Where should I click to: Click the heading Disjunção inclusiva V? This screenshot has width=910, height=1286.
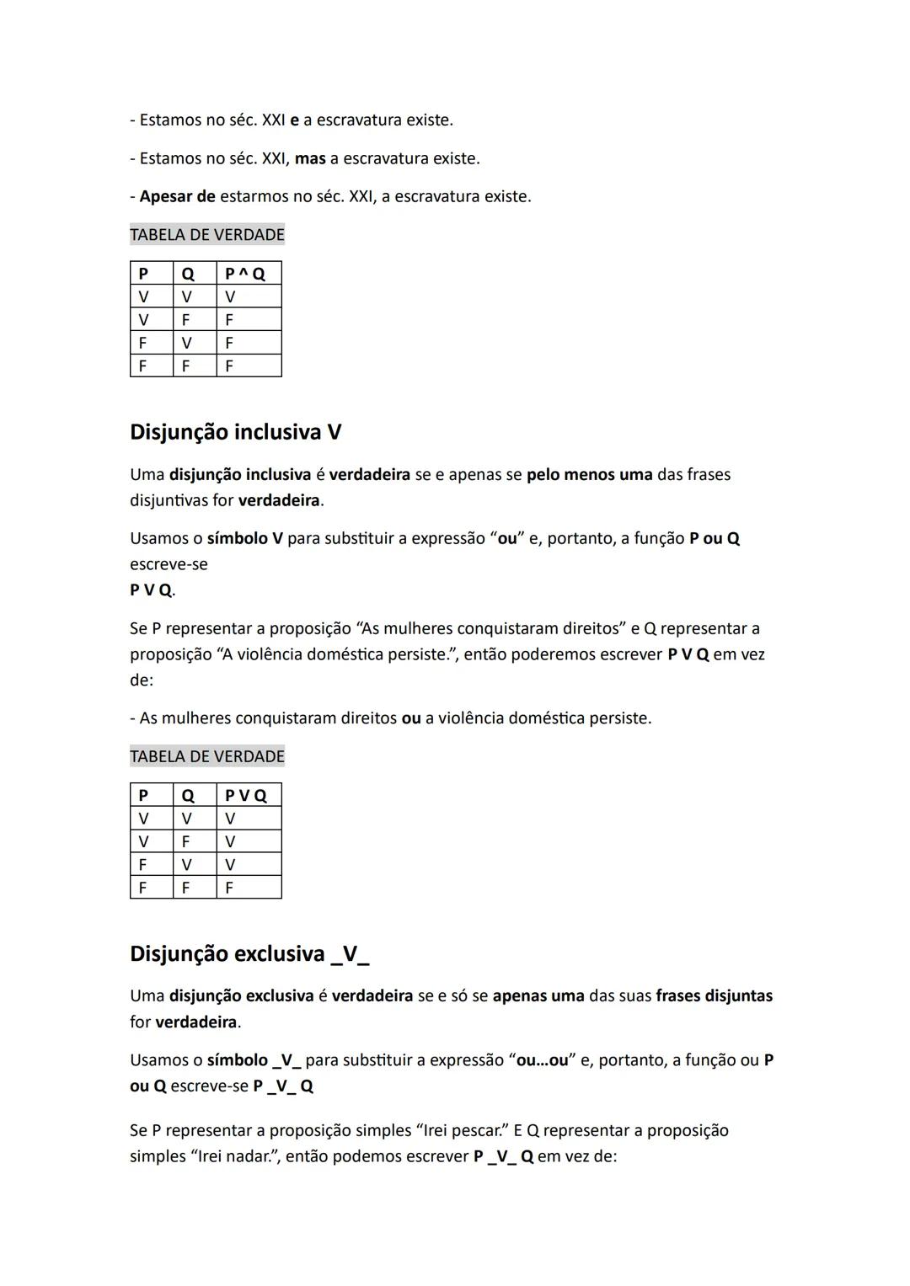(x=235, y=432)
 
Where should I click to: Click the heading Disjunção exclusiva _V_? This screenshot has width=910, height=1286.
(x=249, y=954)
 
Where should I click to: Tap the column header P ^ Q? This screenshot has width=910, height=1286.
(x=245, y=274)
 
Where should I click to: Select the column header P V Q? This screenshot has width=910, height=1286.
(x=245, y=796)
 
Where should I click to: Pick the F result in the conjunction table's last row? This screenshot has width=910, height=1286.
(x=229, y=366)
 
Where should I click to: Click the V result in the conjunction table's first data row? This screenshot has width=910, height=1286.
(x=230, y=296)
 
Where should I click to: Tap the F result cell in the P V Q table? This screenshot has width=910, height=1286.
(x=229, y=888)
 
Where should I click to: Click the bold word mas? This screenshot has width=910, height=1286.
(x=310, y=158)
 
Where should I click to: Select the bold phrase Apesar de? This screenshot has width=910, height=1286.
(x=177, y=197)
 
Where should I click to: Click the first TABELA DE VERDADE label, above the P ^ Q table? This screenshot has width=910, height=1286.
(x=207, y=235)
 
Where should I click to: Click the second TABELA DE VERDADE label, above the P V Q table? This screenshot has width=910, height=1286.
(x=207, y=756)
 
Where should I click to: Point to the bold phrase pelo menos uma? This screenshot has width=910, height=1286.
(x=589, y=474)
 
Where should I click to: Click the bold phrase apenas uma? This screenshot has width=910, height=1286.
(x=538, y=996)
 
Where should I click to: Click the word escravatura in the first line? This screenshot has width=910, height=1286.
(x=359, y=120)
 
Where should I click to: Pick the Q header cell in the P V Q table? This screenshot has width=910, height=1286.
(x=187, y=796)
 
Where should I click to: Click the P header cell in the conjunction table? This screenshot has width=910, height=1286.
(x=143, y=274)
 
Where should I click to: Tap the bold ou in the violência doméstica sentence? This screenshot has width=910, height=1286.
(x=411, y=718)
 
